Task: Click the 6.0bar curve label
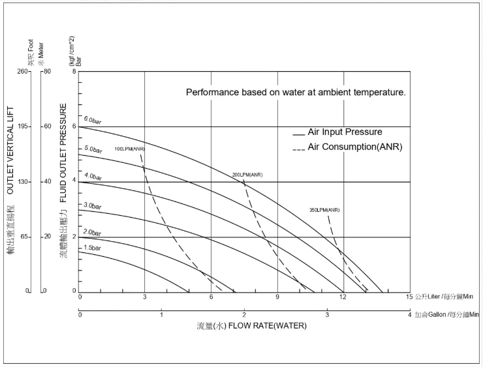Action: [x=92, y=121]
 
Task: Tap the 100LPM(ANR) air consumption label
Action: [x=129, y=149]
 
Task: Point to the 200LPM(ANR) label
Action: [x=247, y=175]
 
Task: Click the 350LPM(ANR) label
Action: [x=324, y=210]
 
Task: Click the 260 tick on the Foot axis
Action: [x=22, y=71]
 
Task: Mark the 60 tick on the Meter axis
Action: [x=48, y=126]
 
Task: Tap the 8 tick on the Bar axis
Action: [x=74, y=71]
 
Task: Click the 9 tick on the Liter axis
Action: [x=277, y=297]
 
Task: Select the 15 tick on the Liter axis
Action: [x=409, y=297]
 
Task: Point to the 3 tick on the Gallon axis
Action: [x=327, y=315]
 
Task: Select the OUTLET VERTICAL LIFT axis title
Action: [x=10, y=150]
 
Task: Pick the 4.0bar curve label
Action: [x=93, y=177]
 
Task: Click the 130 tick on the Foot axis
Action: [x=22, y=182]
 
